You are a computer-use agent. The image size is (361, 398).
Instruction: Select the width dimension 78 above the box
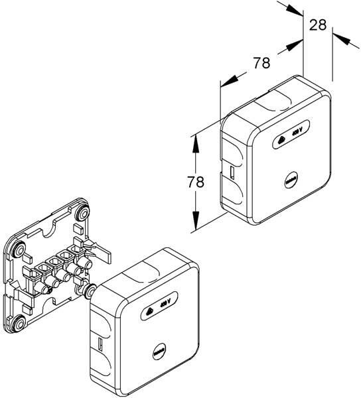coord(261,63)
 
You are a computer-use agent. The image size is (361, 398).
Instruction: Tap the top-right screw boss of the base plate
coord(83,213)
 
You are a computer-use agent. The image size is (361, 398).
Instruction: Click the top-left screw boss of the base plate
coord(19,249)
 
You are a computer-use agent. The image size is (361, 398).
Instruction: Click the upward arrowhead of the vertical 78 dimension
coord(195,143)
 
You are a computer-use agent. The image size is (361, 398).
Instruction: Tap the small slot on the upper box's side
coord(232,173)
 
